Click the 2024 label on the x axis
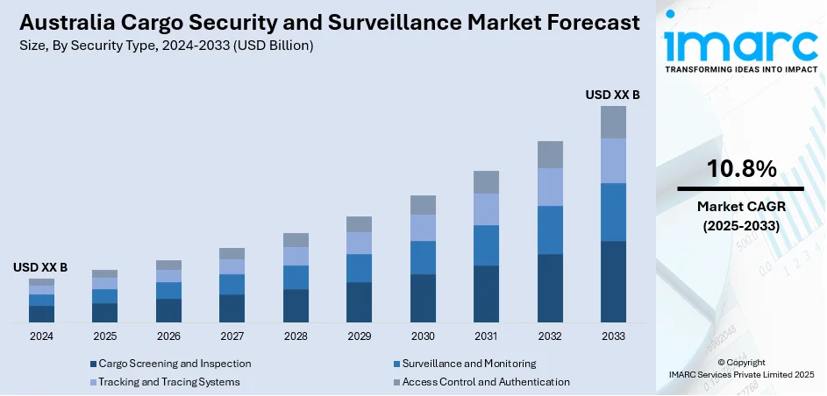coord(41,336)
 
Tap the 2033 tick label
coord(613,336)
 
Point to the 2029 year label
coord(359,336)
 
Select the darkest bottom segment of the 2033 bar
coord(613,281)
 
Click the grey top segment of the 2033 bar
coord(613,123)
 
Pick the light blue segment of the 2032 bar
coord(550,187)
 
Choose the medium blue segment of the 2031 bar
coord(486,245)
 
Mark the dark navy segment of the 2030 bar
coord(423,298)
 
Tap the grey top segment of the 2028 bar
coord(296,240)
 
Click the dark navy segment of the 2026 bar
coord(168,310)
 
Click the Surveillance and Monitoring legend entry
coord(468,364)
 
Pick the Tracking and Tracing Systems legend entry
coord(168,382)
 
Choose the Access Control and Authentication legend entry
coord(485,382)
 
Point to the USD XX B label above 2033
coord(613,94)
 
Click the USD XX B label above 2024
coord(40,266)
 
